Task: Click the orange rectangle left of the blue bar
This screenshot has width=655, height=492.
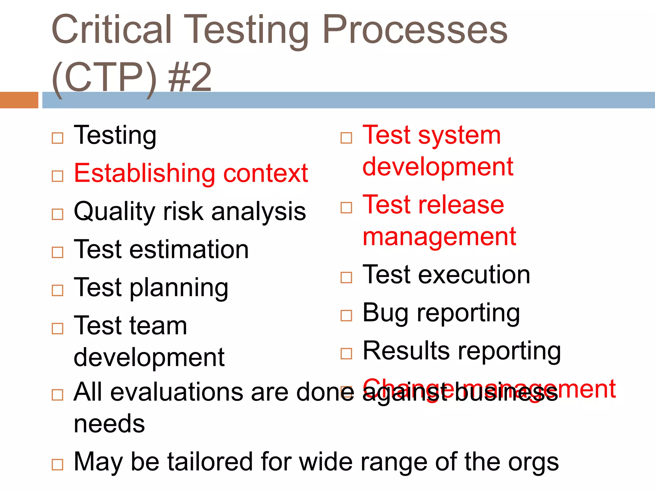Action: point(19,100)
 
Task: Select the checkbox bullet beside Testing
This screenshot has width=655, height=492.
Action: point(58,138)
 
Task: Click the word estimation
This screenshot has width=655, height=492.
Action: point(189,250)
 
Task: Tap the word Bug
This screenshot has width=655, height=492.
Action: point(385,313)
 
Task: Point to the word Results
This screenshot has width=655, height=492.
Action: point(406,351)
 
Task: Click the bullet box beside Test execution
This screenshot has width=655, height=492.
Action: point(346,277)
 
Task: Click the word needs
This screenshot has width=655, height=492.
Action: point(109,424)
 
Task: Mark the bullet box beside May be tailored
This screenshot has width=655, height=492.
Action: point(58,464)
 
